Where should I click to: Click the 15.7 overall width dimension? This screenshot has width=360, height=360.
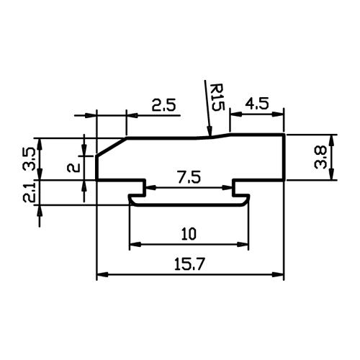tap(189, 264)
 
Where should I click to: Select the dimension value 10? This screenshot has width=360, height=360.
tap(189, 234)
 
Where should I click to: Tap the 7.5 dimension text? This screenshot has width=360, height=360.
tap(189, 177)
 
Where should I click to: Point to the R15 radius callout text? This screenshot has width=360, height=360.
tap(217, 97)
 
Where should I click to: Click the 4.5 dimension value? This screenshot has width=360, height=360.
tap(257, 104)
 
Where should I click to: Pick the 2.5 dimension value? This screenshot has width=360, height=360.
tap(164, 104)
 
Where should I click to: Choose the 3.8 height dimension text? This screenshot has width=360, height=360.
tap(320, 157)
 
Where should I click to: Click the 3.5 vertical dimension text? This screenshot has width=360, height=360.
tap(29, 159)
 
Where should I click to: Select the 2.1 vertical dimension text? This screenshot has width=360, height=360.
tap(29, 192)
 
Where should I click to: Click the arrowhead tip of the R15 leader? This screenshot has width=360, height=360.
tap(210, 136)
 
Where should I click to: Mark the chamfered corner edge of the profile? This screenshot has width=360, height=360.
tap(112, 147)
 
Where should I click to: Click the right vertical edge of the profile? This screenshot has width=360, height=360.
tap(284, 157)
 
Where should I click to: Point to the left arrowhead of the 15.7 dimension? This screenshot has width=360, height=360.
tap(96, 274)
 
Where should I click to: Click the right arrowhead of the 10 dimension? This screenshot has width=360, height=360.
tap(248, 245)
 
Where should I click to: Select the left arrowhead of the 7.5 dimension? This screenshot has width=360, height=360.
tap(146, 187)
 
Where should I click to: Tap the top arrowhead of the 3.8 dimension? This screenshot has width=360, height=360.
tap(331, 135)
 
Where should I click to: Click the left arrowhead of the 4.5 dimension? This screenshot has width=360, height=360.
tap(230, 114)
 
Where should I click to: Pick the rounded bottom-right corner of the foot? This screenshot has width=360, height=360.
tap(246, 202)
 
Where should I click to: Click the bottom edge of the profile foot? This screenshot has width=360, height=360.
tap(189, 205)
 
